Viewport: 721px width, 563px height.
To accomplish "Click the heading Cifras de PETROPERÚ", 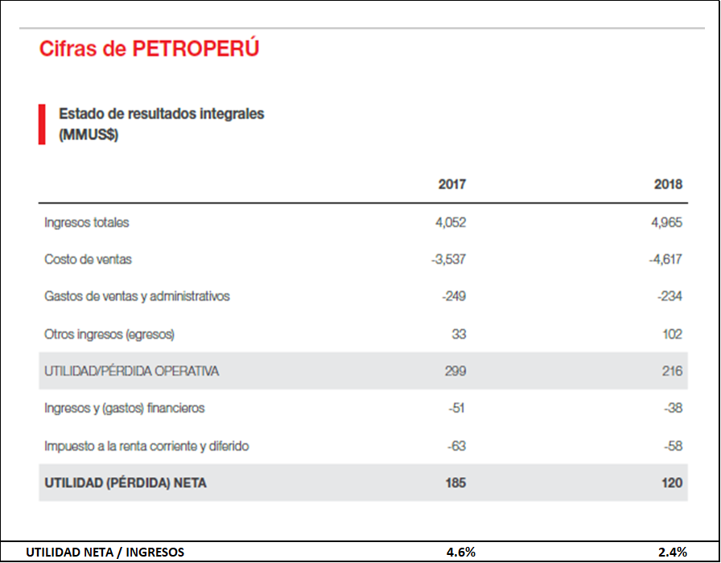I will click(149, 49).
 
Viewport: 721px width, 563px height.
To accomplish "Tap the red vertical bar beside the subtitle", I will click(42, 124).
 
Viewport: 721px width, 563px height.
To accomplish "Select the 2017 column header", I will click(451, 184).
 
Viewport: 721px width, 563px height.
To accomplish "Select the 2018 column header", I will click(668, 184).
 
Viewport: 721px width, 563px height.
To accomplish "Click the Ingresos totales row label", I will click(86, 223).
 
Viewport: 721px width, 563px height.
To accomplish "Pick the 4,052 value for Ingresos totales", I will click(450, 223).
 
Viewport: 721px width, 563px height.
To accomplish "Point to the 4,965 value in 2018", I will click(666, 223).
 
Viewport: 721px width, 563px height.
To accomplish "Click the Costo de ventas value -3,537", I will click(448, 260).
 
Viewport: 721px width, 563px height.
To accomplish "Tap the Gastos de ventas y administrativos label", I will click(137, 297).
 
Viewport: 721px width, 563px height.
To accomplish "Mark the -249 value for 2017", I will click(454, 297).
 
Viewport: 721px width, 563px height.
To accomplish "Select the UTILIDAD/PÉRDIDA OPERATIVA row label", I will click(132, 372).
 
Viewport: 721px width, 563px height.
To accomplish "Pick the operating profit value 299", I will click(455, 372).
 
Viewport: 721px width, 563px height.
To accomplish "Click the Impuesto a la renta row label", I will click(146, 446).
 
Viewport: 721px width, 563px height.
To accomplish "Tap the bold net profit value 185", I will click(455, 483).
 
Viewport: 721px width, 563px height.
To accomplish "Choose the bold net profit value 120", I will click(671, 483).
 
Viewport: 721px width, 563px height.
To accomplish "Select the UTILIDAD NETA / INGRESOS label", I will click(105, 552).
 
